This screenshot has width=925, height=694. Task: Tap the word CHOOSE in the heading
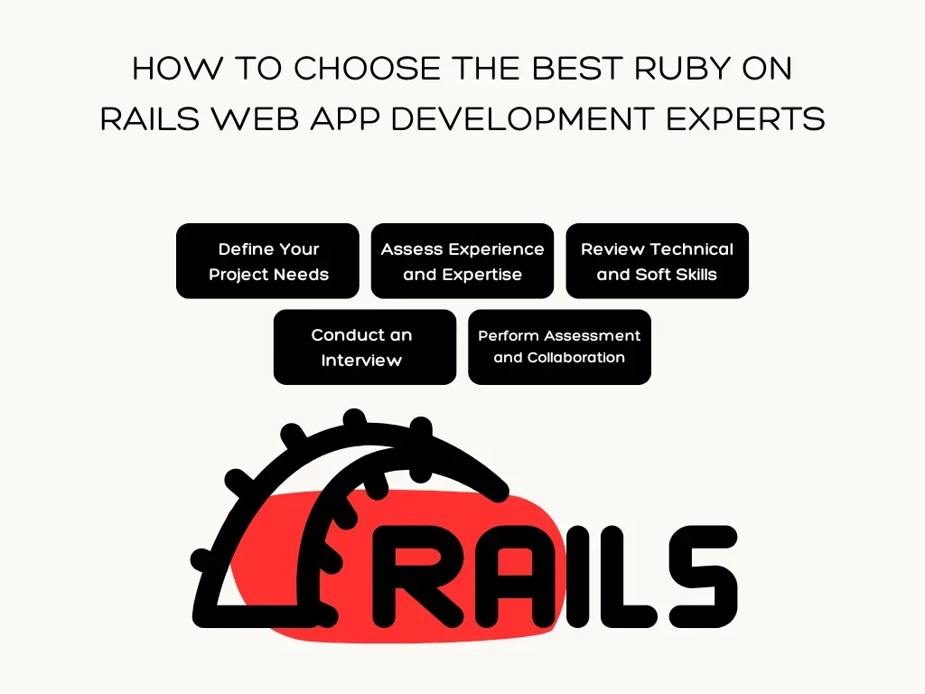point(367,69)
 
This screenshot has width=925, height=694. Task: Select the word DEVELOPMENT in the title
point(522,118)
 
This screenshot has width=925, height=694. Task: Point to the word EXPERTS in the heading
point(745,118)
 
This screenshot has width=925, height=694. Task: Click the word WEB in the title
point(255,118)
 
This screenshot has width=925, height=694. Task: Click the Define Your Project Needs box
point(267,261)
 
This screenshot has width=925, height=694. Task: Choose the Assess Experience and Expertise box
point(462,261)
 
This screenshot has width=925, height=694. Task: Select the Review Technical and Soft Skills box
point(658,261)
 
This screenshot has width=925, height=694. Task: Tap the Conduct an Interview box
point(365,347)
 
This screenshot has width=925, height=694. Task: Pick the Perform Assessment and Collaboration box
point(560,347)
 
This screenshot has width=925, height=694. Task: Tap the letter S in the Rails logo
point(703,577)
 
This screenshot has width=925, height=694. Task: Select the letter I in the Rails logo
point(577,577)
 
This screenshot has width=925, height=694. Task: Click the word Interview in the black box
point(361,360)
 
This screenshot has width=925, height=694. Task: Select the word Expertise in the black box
point(482,275)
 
